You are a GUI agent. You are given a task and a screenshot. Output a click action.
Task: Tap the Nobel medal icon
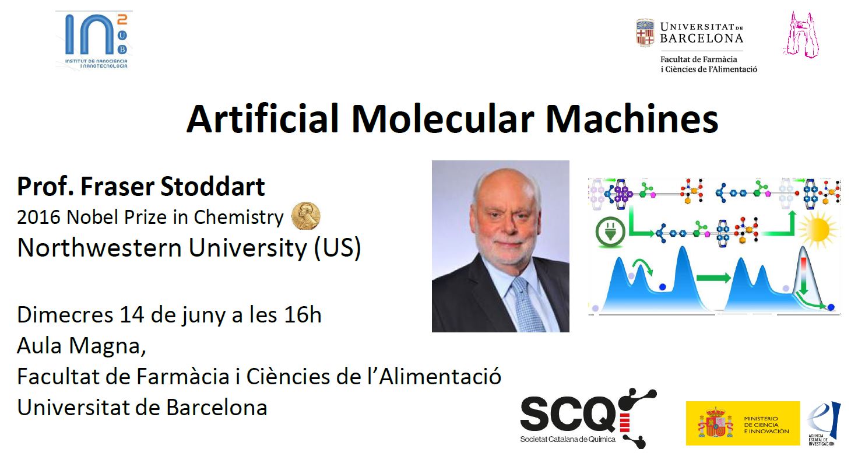[305, 216]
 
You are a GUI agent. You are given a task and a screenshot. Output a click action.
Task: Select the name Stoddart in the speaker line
[212, 186]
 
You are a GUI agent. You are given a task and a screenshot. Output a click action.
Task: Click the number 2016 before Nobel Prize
[38, 218]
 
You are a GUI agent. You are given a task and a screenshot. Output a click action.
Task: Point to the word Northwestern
[100, 248]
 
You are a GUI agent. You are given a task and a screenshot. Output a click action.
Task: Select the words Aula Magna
[81, 346]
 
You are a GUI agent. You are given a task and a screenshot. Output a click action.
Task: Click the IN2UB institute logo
[96, 41]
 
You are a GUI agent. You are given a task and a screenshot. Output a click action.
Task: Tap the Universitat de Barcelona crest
[645, 33]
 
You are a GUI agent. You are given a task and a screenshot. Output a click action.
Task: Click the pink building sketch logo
[801, 35]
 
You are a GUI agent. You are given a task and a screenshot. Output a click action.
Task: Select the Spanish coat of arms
[715, 423]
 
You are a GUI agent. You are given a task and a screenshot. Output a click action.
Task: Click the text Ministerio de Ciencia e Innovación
[766, 425]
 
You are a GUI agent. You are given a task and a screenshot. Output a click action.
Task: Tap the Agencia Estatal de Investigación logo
[824, 423]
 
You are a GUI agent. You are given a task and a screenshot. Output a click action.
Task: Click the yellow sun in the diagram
[817, 229]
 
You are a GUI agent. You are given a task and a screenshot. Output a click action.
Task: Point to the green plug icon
[610, 232]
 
